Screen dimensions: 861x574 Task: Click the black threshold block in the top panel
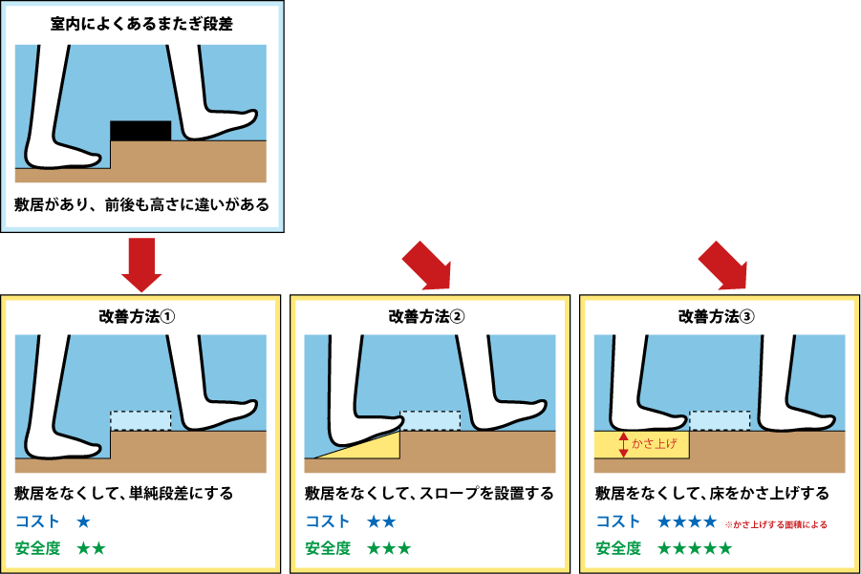tap(140, 131)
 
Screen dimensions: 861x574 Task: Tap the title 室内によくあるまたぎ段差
tap(141, 24)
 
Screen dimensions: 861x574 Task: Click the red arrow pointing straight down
tap(141, 265)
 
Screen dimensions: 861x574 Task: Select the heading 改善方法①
tap(137, 317)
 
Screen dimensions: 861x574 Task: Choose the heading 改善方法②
tap(426, 317)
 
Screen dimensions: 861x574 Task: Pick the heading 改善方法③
tap(717, 317)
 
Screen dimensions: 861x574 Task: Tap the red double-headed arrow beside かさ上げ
tap(623, 444)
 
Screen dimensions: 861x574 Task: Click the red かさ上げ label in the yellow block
tap(654, 443)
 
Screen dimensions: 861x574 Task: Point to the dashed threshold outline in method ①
tap(140, 421)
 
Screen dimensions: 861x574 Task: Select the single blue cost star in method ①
tap(83, 521)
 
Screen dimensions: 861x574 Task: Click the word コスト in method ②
tap(327, 521)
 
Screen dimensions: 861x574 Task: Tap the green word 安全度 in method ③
tap(618, 547)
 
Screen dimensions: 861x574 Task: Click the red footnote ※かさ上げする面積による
tap(776, 524)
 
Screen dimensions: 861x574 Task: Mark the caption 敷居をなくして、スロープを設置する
tap(429, 494)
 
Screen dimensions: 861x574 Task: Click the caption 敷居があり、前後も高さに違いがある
tap(141, 204)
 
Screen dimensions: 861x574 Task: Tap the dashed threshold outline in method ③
tap(720, 421)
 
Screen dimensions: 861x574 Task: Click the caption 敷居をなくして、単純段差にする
tap(124, 494)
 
